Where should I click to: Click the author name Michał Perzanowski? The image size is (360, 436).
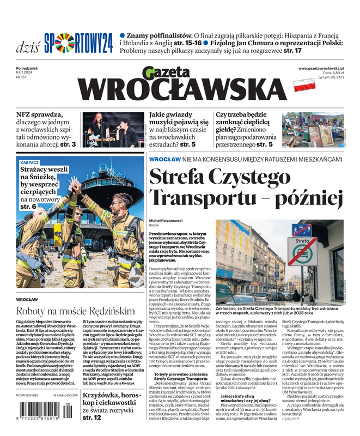click(x=168, y=219)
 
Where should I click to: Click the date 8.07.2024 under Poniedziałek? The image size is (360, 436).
click(x=27, y=73)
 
